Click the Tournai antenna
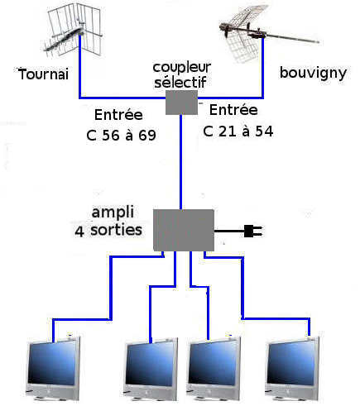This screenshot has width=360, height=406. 72,31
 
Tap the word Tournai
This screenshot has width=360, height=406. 43,74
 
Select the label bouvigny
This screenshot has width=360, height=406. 313,73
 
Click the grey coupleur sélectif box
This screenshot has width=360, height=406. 181,103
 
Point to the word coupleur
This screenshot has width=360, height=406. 182,68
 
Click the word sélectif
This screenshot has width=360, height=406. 180,82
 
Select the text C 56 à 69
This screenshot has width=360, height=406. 121,135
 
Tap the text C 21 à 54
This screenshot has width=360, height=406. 238,131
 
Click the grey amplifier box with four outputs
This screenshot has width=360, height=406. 184,230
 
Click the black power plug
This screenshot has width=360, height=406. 253,231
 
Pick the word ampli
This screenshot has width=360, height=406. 113,213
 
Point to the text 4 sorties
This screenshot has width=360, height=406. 108,231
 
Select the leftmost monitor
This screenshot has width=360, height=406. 52,368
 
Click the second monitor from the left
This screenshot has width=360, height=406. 151,369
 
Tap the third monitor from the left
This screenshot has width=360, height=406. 213,369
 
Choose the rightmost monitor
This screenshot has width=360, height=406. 292,368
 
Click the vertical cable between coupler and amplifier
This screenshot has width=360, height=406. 180,162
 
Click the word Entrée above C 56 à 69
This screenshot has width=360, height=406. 118,114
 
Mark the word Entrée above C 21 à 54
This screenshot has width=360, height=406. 233,110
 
